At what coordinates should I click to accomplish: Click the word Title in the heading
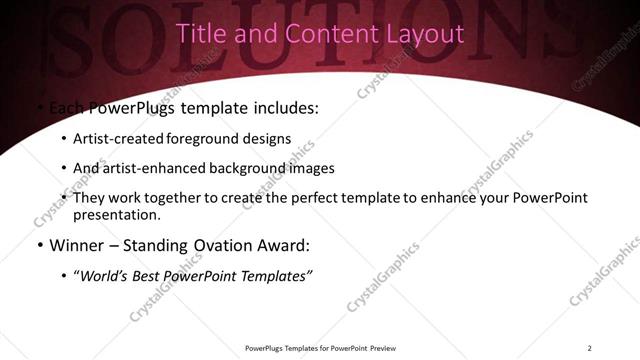click(199, 33)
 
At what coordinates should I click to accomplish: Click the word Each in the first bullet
click(65, 108)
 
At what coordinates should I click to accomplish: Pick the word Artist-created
click(114, 139)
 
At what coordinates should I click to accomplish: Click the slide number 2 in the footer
click(589, 347)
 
